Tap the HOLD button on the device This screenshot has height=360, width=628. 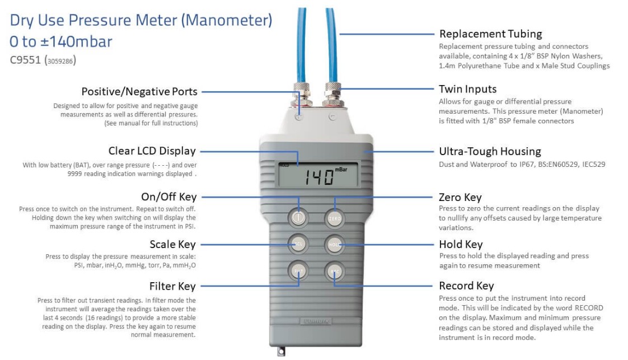[x=334, y=244]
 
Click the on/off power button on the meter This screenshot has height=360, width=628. [x=298, y=218]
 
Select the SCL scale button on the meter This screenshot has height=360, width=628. [x=298, y=244]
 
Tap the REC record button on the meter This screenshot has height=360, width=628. [x=334, y=271]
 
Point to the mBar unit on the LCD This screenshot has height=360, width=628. [x=341, y=170]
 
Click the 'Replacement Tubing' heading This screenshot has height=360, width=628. [x=491, y=34]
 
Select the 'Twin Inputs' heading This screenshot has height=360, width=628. [x=467, y=89]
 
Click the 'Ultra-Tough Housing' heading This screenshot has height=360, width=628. [x=490, y=151]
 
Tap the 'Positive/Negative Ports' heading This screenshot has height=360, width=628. [x=139, y=92]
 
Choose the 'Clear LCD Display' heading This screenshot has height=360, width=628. [x=152, y=151]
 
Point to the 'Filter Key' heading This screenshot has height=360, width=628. [x=172, y=286]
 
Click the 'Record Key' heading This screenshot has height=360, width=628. [x=466, y=286]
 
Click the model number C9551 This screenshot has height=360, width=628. [x=25, y=60]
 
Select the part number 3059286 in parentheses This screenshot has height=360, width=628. [x=60, y=61]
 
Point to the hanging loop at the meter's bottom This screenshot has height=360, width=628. [x=281, y=351]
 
